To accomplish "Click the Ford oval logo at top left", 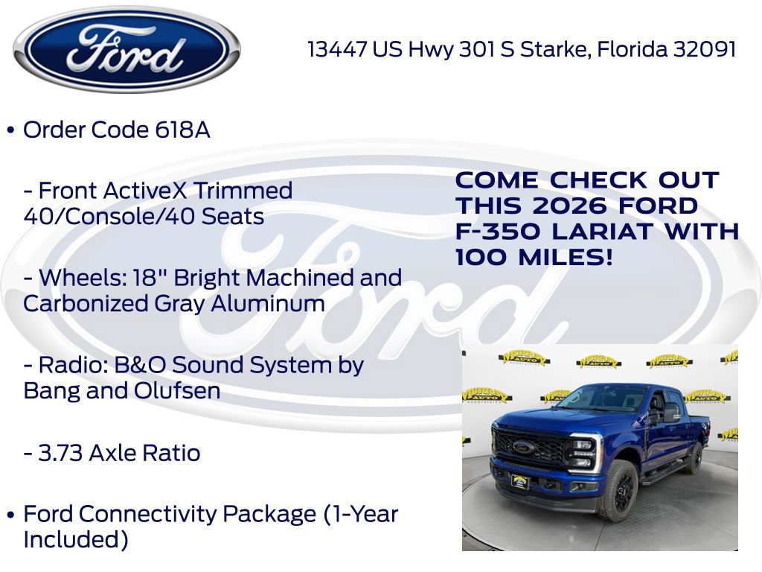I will pyautogui.click(x=127, y=49).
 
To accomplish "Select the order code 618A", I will pyautogui.click(x=182, y=130).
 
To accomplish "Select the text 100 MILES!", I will pyautogui.click(x=535, y=258).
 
